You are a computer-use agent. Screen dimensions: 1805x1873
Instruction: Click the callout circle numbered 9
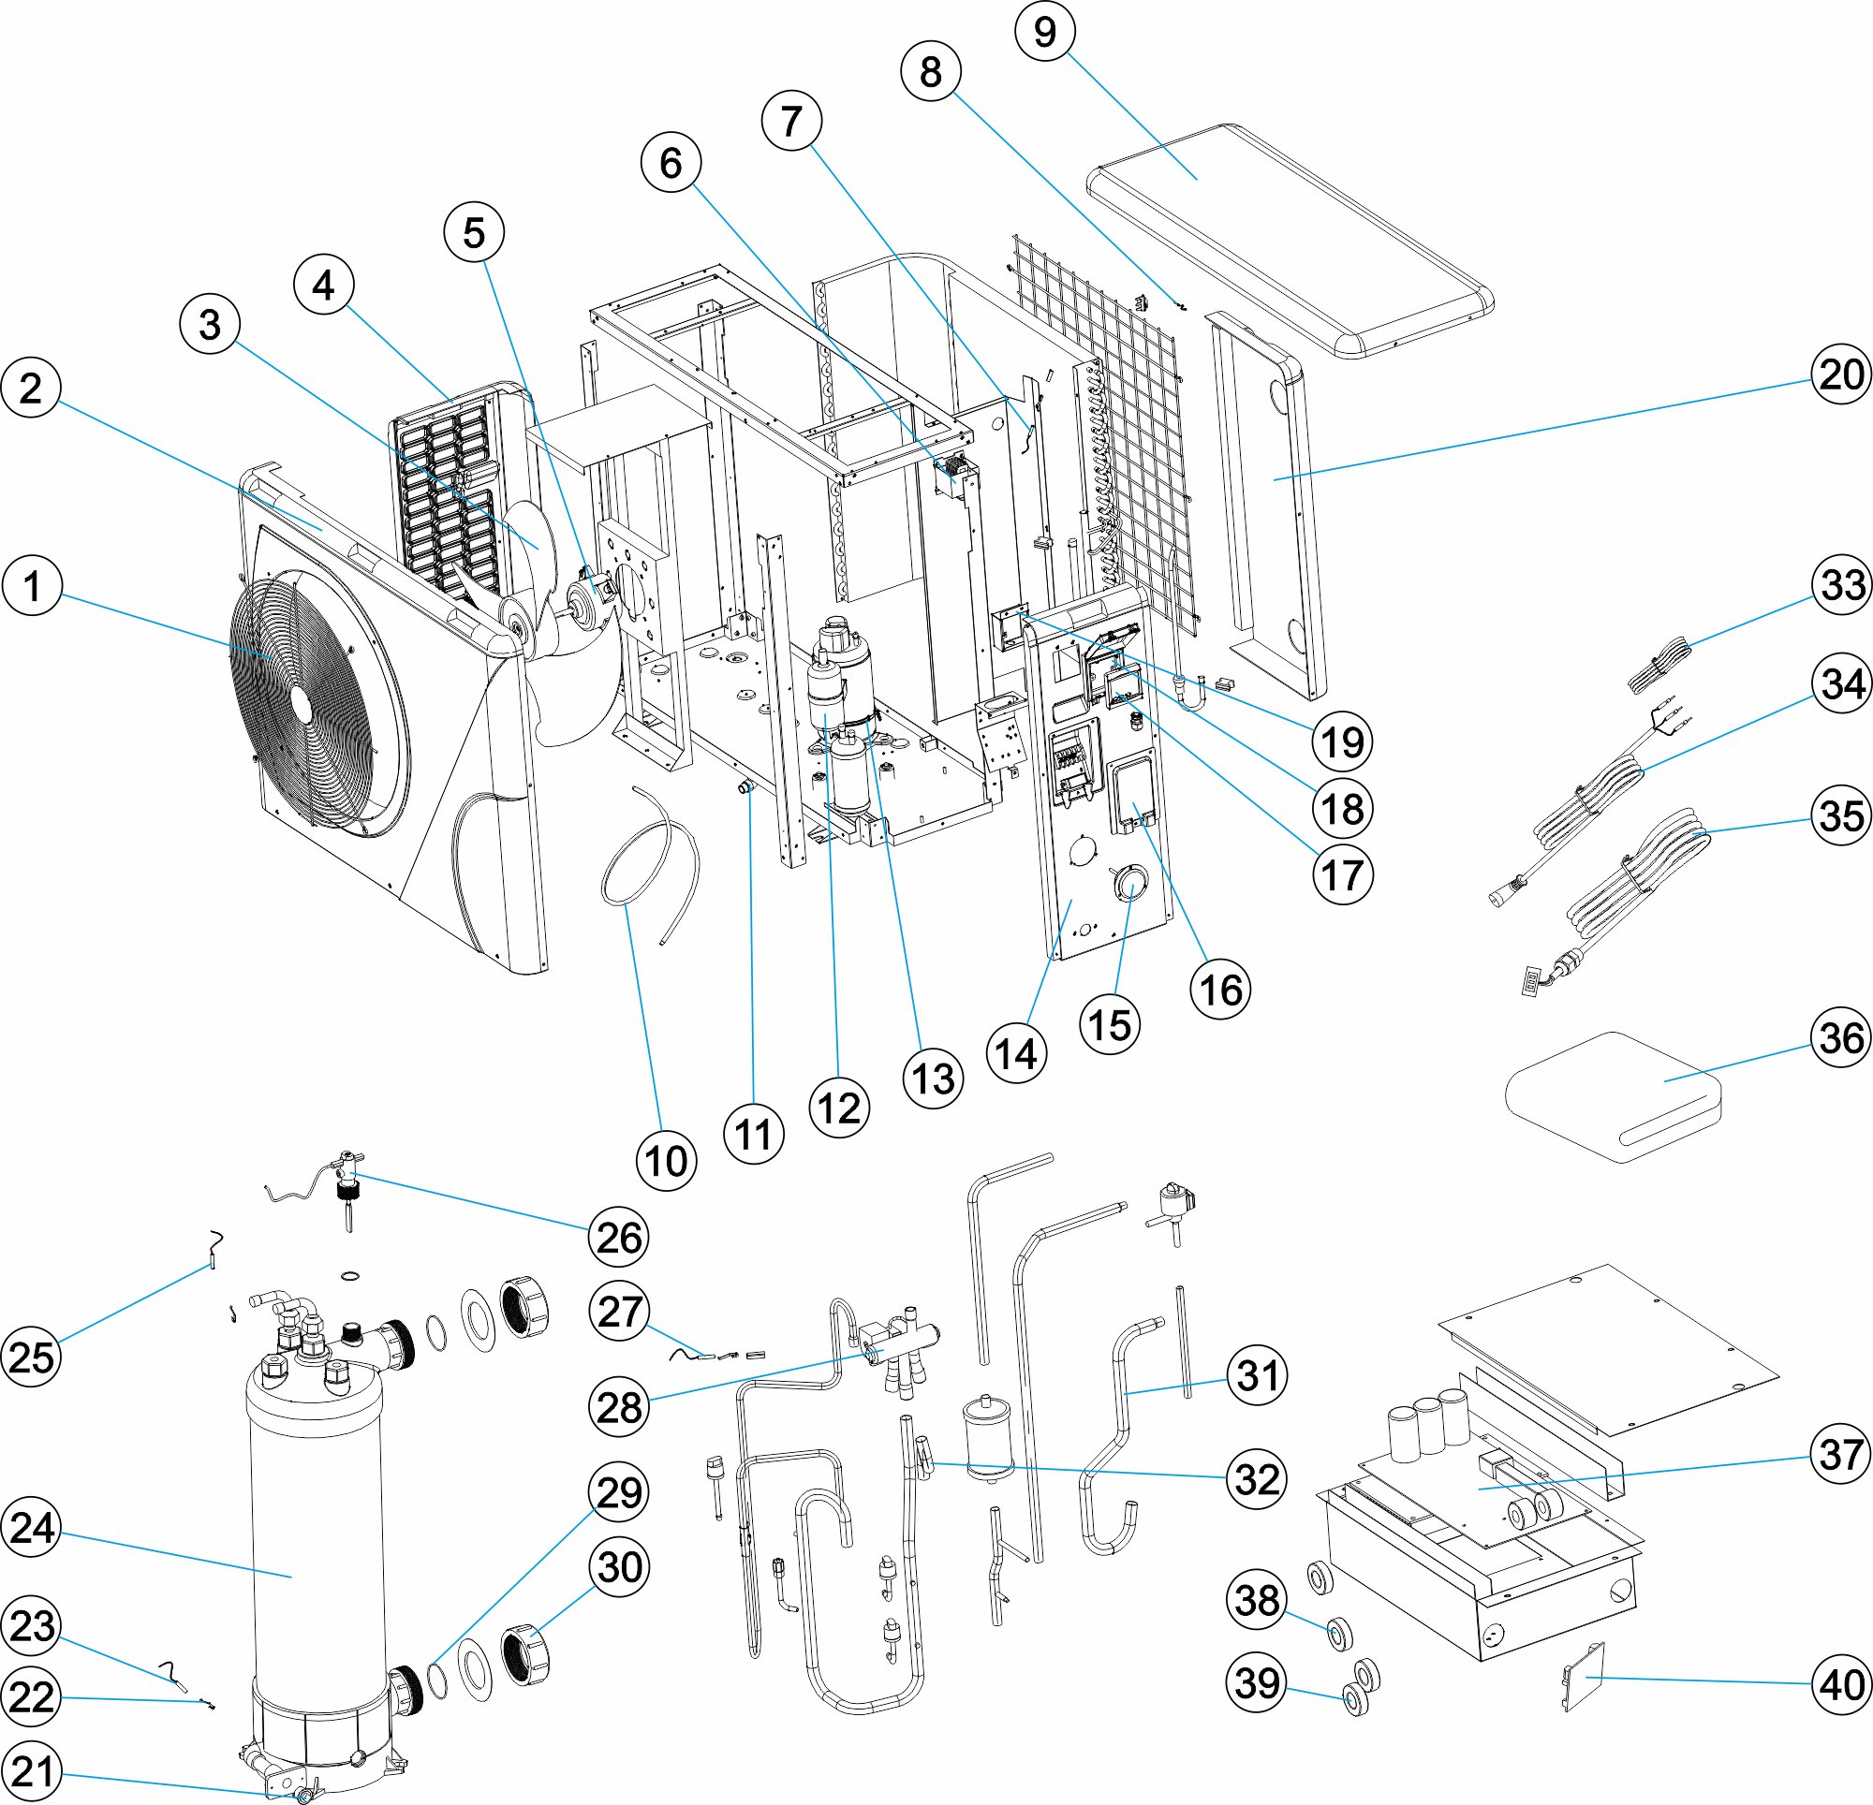[1045, 32]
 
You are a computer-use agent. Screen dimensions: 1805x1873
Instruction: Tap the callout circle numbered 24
[32, 1527]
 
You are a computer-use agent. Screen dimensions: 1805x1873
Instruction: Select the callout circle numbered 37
[1841, 1453]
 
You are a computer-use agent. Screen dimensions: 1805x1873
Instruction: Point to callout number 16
[1220, 989]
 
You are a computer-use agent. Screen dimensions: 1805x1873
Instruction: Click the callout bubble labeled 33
[1841, 585]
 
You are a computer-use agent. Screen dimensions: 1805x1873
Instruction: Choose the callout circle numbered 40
[1841, 1684]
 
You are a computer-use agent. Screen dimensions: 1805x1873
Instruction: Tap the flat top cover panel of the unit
[1290, 239]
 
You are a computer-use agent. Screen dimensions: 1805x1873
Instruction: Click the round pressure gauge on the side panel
[1128, 882]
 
